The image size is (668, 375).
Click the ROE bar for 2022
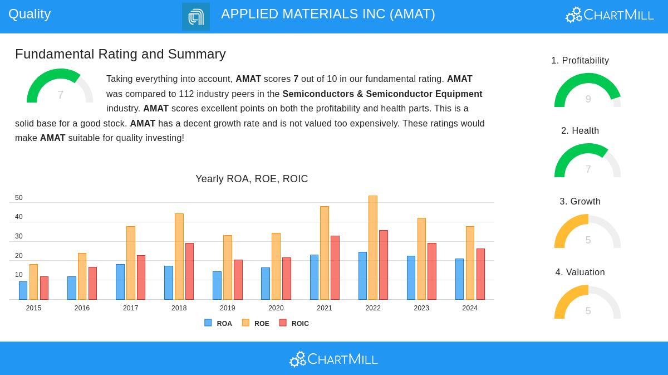coord(373,247)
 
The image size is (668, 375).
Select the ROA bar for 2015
coord(23,290)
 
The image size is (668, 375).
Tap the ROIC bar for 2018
coord(189,271)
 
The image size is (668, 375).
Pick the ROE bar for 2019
coord(228,267)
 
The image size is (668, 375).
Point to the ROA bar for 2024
coord(459,279)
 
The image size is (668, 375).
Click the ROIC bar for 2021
coord(335,267)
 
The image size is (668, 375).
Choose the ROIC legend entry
coord(294,323)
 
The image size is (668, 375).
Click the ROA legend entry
coord(218,323)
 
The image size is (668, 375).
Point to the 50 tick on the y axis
coord(19,198)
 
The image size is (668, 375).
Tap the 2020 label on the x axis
coord(276,308)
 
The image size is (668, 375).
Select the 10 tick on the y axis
coord(19,275)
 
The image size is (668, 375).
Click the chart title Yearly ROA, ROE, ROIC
coord(252,179)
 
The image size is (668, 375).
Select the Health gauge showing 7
coord(588,161)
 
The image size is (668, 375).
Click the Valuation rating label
coord(580,272)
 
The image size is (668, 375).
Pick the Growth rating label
coord(580,202)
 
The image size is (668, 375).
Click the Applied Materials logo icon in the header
coord(196,17)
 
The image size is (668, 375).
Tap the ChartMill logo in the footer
coord(333,359)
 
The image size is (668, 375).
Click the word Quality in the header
coord(30,14)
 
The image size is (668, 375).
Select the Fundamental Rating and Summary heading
coord(120,54)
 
